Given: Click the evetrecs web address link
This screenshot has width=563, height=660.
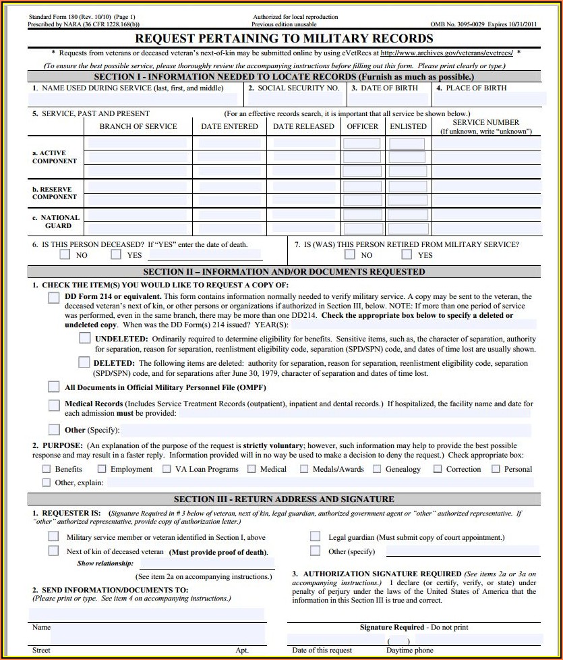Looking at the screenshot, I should pyautogui.click(x=446, y=53).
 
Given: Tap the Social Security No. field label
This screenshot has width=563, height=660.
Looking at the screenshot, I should pyautogui.click(x=297, y=88).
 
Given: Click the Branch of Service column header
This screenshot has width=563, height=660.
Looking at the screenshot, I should pyautogui.click(x=138, y=126).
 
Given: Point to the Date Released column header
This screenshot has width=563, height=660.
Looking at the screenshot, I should pyautogui.click(x=303, y=126).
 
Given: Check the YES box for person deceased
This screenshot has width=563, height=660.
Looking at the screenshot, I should pyautogui.click(x=117, y=254).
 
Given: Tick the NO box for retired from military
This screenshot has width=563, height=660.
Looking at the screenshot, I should pyautogui.click(x=350, y=254).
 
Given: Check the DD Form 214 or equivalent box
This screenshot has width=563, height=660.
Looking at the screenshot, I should pyautogui.click(x=54, y=298).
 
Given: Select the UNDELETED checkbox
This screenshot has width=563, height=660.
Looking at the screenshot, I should pyautogui.click(x=84, y=338).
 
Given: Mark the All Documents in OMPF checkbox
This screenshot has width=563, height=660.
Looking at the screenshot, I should pyautogui.click(x=54, y=387).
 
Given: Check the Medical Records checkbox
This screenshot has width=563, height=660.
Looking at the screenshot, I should pyautogui.click(x=54, y=406).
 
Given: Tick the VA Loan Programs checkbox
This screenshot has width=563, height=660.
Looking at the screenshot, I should pyautogui.click(x=167, y=469).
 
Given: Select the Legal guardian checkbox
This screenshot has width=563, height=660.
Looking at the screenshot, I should pyautogui.click(x=315, y=537).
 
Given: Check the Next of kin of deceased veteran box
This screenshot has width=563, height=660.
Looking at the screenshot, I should pyautogui.click(x=54, y=551).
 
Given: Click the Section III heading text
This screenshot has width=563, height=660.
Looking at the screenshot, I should pyautogui.click(x=284, y=499).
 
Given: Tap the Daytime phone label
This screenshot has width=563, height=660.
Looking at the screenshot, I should pyautogui.click(x=410, y=651).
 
